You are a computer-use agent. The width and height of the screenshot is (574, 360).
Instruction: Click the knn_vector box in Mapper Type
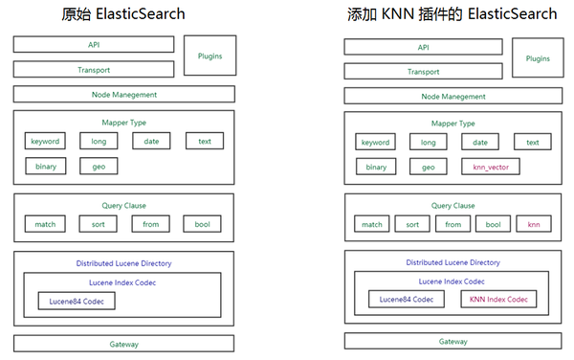(x=490, y=167)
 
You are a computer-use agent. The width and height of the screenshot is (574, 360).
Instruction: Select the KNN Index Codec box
(x=497, y=300)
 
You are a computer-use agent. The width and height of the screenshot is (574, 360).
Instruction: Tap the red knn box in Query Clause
(x=533, y=225)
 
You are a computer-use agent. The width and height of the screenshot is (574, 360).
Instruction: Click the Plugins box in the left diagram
(x=209, y=56)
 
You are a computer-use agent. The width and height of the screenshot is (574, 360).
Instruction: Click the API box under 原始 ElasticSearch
(x=93, y=44)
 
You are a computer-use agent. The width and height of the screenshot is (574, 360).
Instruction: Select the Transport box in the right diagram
(x=423, y=71)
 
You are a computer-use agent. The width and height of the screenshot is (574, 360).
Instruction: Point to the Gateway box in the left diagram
(x=123, y=344)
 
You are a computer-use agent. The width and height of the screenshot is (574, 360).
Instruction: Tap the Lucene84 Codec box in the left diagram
(x=77, y=301)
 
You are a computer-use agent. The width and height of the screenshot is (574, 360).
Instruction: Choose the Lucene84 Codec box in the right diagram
(x=407, y=300)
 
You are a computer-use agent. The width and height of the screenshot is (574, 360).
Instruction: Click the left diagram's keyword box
(x=45, y=141)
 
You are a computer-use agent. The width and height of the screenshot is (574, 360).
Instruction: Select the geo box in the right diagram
(x=428, y=167)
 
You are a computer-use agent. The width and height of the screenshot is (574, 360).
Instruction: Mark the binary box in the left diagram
(x=45, y=167)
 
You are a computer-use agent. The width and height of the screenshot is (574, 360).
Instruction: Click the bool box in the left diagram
(x=202, y=224)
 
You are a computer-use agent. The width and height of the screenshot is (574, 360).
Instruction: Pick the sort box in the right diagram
(x=411, y=225)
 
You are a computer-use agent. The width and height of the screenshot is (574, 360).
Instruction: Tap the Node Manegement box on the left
(x=123, y=95)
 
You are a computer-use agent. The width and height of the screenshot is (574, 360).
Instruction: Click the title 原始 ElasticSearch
(x=122, y=14)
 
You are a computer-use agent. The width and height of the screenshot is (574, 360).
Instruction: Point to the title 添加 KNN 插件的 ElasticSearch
(x=452, y=14)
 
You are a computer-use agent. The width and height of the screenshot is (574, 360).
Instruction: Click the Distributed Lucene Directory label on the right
(x=453, y=261)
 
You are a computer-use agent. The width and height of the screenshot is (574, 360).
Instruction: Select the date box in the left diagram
(x=151, y=141)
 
